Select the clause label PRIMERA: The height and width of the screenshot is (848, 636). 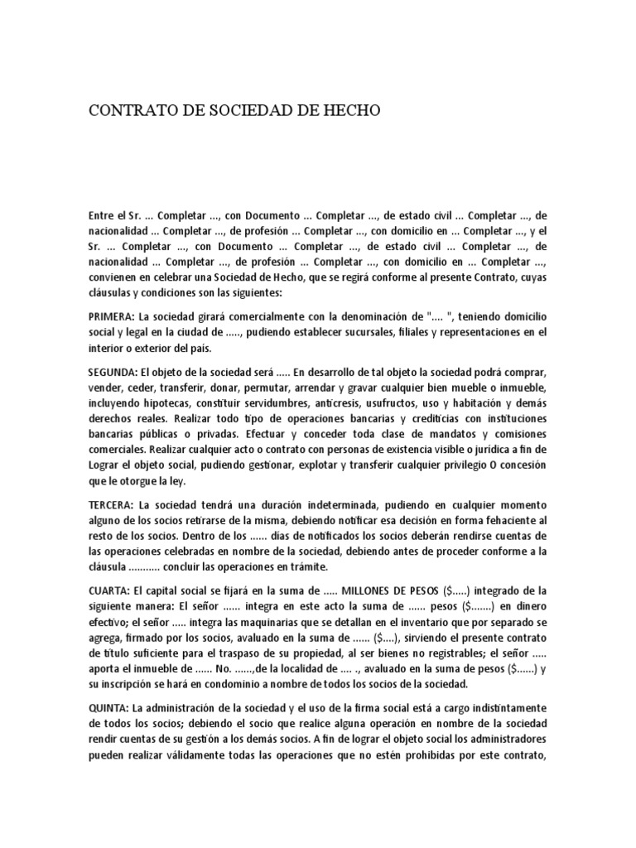pos(112,317)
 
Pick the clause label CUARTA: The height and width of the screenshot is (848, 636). pos(109,590)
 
